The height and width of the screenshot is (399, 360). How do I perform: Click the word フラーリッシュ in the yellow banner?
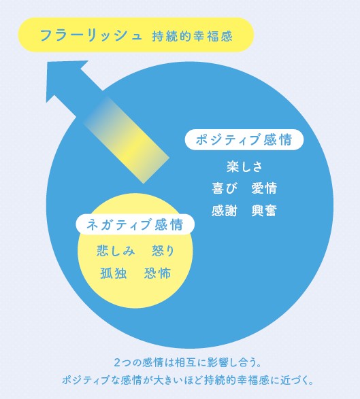coord(91,35)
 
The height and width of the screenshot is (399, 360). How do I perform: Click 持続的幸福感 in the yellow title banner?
coord(193,36)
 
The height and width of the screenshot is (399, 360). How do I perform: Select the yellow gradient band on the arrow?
coord(127,139)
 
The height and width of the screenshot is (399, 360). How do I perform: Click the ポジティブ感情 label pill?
coord(244,140)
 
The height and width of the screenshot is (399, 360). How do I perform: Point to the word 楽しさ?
coord(244,167)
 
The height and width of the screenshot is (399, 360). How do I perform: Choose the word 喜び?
coord(225,188)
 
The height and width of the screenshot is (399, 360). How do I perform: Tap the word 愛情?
coord(264,188)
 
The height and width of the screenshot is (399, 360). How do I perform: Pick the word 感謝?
coord(225,211)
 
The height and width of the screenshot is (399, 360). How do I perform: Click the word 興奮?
coord(264,211)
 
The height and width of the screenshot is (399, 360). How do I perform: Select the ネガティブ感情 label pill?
coord(135,224)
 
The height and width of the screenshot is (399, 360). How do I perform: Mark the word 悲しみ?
coord(116,250)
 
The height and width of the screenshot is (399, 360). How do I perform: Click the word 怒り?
coord(163,250)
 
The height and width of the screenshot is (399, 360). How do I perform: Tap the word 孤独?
coord(114,273)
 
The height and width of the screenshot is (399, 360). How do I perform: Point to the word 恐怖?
coord(157,273)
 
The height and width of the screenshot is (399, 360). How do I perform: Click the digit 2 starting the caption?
coord(116,362)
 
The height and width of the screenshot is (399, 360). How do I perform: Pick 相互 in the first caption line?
coord(186,362)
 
